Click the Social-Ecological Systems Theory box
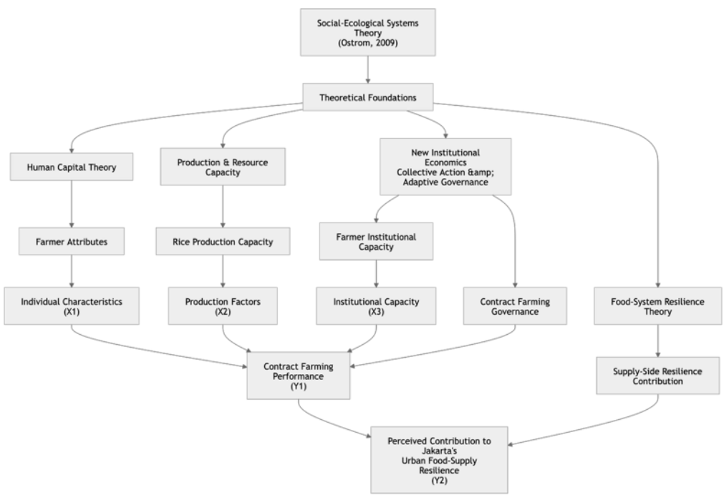pyautogui.click(x=367, y=32)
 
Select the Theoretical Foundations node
pyautogui.click(x=367, y=97)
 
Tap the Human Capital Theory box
pyautogui.click(x=72, y=167)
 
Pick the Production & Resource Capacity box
pyautogui.click(x=223, y=167)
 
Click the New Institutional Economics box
pyautogui.click(x=445, y=167)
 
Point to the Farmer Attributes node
pyautogui.click(x=72, y=241)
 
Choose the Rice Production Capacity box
pyautogui.click(x=223, y=241)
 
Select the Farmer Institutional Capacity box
pyautogui.click(x=376, y=241)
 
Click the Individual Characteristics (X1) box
pyautogui.click(x=72, y=306)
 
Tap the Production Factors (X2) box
pyautogui.click(x=223, y=306)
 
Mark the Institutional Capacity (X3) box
pyautogui.click(x=376, y=306)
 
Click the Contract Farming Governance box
pyautogui.click(x=515, y=306)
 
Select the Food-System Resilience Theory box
pyautogui.click(x=657, y=306)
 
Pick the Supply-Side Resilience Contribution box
pyautogui.click(x=657, y=376)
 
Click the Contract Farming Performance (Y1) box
pyautogui.click(x=299, y=376)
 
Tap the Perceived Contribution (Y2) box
pyautogui.click(x=439, y=460)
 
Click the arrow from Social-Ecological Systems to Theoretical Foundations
pyautogui.click(x=367, y=69)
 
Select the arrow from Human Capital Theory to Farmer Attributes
pyautogui.click(x=72, y=204)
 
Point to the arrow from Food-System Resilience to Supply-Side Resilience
pyautogui.click(x=657, y=341)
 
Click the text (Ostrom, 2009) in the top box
pyautogui.click(x=367, y=43)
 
